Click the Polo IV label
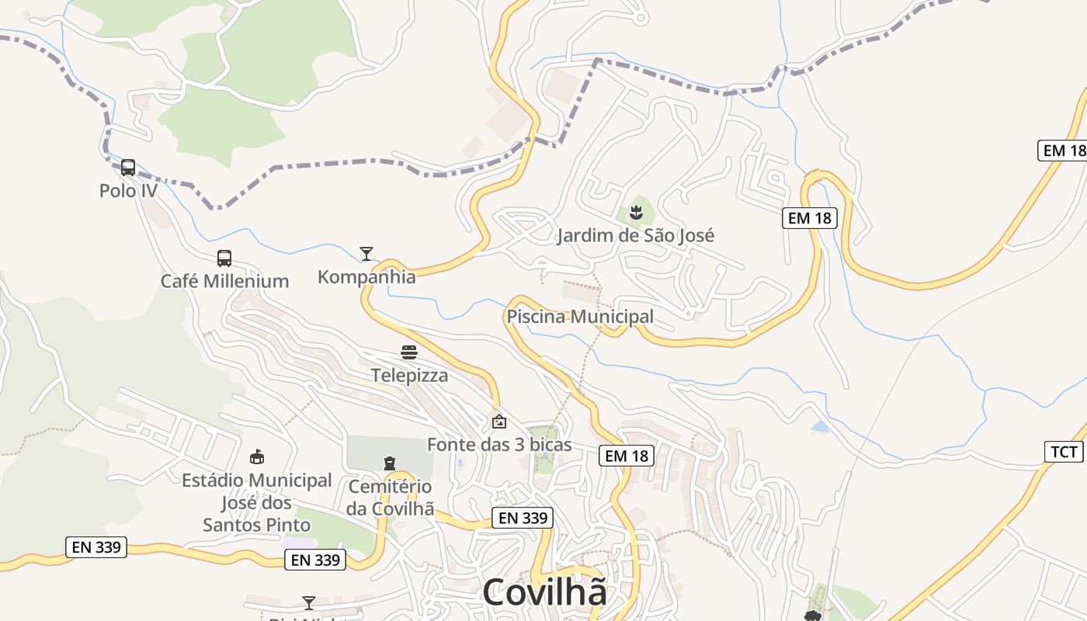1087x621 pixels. [128, 190]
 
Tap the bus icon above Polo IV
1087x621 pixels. [128, 167]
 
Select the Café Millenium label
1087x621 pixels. [224, 281]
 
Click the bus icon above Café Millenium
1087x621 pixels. [224, 258]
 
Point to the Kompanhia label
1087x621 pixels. [366, 276]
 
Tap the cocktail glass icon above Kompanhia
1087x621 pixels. [366, 253]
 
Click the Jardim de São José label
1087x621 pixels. [635, 235]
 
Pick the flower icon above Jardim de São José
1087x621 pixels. [636, 212]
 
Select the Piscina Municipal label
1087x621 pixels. [580, 317]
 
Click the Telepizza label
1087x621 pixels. [409, 376]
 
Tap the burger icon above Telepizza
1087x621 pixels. [409, 352]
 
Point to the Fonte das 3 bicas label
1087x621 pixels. [499, 445]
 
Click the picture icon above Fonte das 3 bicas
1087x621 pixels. [499, 422]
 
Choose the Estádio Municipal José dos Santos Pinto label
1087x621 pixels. [256, 502]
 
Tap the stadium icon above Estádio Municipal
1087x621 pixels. [256, 457]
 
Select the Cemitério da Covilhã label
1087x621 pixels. [389, 498]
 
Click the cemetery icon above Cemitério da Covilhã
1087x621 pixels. [389, 463]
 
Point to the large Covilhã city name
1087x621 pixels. [544, 592]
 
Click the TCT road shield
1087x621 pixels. [1064, 451]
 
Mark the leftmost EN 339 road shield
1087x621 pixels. [96, 547]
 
